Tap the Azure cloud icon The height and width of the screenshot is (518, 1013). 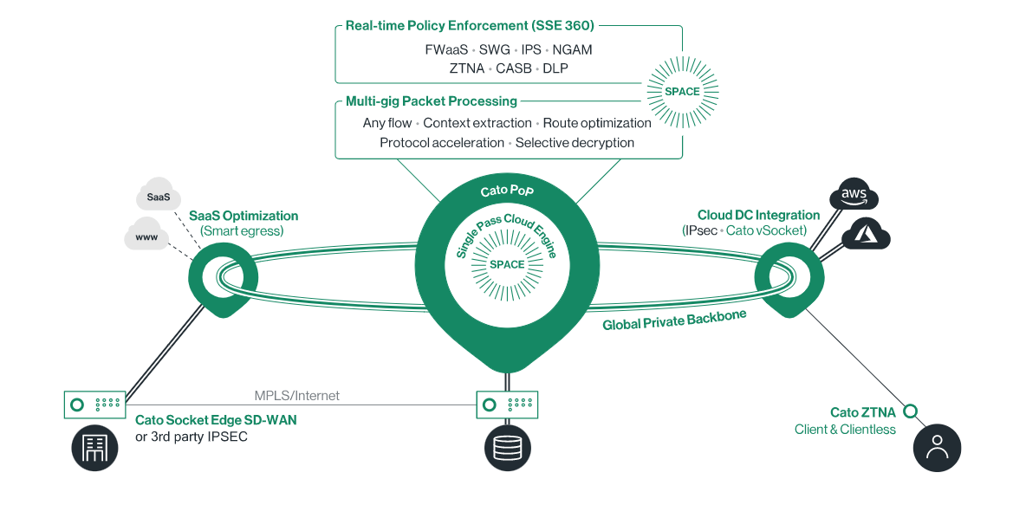tap(866, 233)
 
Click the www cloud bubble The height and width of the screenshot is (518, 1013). tap(146, 235)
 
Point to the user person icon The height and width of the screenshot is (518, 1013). tap(938, 448)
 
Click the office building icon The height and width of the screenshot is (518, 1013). tap(94, 448)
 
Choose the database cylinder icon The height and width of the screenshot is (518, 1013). tap(507, 448)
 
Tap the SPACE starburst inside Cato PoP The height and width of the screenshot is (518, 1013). tap(507, 264)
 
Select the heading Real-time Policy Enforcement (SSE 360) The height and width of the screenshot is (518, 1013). tap(470, 25)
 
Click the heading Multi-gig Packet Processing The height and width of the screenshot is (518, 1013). tap(431, 101)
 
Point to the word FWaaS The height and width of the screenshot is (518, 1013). tap(446, 49)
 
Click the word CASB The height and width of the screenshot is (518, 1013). tap(514, 68)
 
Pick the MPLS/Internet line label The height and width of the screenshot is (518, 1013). tap(297, 395)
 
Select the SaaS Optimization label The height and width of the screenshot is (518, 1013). tap(244, 216)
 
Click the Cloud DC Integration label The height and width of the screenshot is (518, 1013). tap(758, 215)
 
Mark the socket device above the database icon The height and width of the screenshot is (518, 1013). tap(507, 404)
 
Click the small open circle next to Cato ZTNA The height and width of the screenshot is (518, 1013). tap(911, 411)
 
